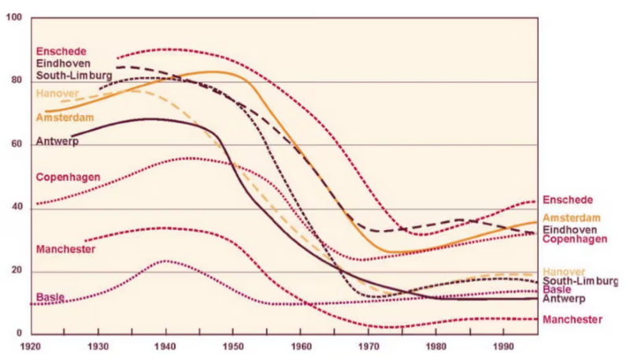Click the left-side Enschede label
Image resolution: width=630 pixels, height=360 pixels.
61,51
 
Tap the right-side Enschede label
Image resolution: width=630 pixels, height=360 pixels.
568,200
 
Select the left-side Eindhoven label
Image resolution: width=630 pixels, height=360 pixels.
63,64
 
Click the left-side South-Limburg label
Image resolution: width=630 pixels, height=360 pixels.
74,76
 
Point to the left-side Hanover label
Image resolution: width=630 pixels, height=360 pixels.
57,94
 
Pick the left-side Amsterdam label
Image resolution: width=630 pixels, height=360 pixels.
65,117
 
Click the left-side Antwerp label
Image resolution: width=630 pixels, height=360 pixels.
57,142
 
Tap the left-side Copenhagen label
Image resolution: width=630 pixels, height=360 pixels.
68,177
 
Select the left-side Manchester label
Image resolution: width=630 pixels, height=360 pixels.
65,250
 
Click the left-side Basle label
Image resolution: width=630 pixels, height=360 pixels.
50,297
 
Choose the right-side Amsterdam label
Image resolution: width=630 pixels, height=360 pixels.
572,218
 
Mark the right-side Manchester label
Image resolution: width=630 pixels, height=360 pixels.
573,320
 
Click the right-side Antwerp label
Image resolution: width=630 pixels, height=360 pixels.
564,299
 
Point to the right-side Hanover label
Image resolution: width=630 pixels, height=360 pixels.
564,272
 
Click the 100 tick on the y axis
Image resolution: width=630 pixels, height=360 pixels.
13,17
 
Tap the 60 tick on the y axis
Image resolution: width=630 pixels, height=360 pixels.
17,144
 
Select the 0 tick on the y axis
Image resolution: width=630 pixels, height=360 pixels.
19,333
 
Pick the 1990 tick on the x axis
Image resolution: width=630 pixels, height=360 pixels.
504,347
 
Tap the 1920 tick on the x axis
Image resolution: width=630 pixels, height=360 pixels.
31,347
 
